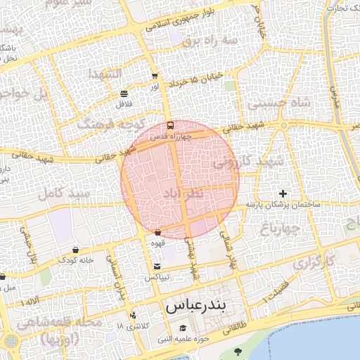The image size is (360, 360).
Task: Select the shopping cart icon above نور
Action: point(155,76)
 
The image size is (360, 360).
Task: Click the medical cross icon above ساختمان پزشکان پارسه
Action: point(283,193)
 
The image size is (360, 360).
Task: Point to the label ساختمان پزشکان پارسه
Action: point(283,205)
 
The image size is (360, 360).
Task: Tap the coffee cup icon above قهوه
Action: point(157,232)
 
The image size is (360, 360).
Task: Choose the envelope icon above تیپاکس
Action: point(156,266)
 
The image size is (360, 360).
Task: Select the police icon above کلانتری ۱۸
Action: point(133,315)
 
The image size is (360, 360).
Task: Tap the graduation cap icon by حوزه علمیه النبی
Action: point(184,328)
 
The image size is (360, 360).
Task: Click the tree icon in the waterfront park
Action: point(236,351)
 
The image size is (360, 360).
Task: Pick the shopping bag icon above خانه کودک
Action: point(75,250)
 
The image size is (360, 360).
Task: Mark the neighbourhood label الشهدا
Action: point(105,74)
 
